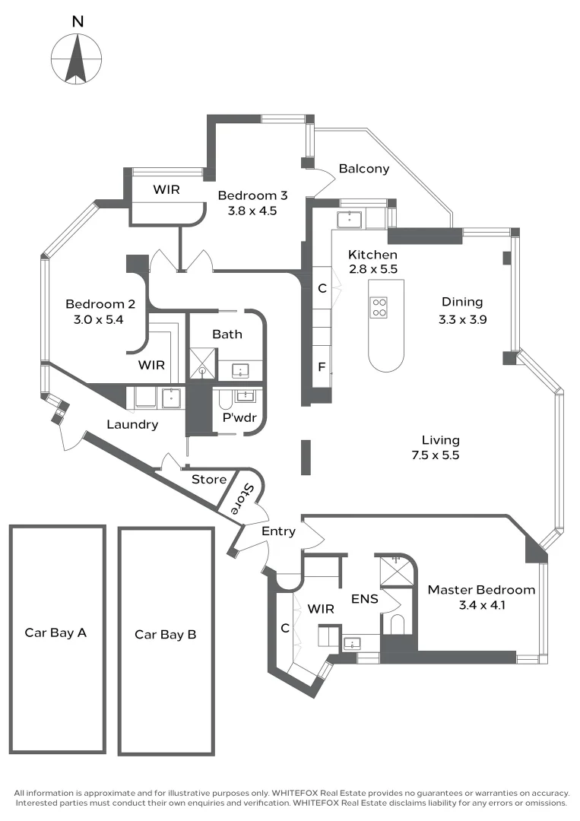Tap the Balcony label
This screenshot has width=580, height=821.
point(364,169)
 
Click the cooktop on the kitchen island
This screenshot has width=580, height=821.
point(379,306)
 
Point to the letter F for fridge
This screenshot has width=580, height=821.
point(322,367)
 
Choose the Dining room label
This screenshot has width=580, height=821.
point(461,302)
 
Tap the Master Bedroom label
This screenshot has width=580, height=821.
point(481,590)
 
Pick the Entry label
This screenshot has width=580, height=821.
point(277,531)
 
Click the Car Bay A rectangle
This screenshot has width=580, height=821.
point(57,639)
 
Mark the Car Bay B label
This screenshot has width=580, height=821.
point(165,634)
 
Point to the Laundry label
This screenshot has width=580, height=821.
point(132,425)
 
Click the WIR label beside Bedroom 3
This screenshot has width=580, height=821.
point(166,189)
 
